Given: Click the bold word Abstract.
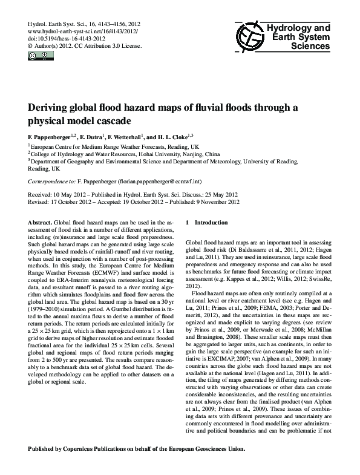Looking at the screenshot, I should tap(40, 223).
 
